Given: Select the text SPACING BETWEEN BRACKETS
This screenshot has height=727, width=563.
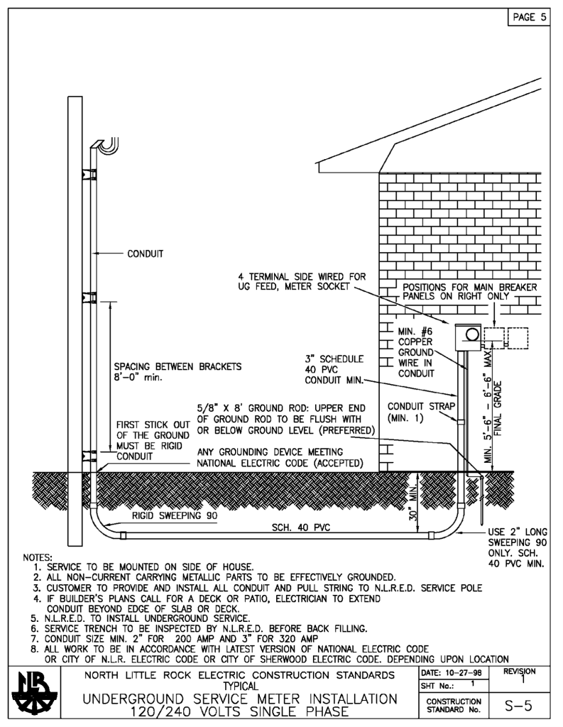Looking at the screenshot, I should click(177, 367).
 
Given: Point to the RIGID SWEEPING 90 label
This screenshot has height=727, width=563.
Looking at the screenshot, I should click(175, 516).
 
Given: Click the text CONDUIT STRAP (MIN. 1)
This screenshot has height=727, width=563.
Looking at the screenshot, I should click(415, 412).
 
